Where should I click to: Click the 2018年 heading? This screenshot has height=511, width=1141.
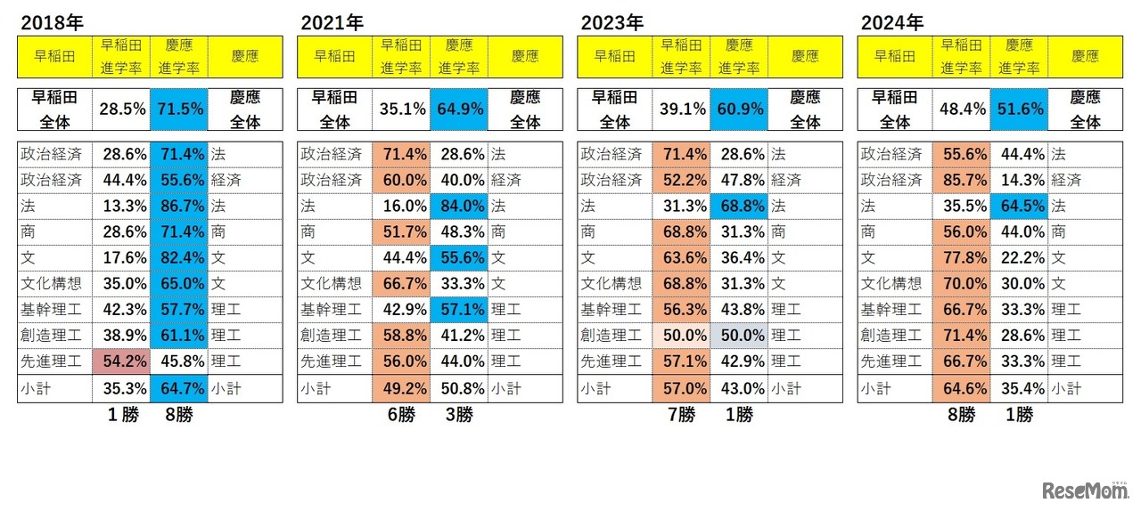point(51,21)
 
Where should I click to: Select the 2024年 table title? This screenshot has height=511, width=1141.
point(891,21)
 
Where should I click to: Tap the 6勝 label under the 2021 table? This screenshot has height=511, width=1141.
point(401,415)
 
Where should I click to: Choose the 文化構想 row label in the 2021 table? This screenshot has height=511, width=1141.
point(332,284)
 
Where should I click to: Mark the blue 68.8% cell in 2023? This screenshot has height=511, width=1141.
point(738,206)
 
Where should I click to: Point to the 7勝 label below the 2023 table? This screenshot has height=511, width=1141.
point(680,415)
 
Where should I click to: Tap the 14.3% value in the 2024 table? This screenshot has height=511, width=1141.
point(1018,180)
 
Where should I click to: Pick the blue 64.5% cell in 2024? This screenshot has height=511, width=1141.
point(1018,206)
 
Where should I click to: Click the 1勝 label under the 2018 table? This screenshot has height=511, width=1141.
point(121,415)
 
